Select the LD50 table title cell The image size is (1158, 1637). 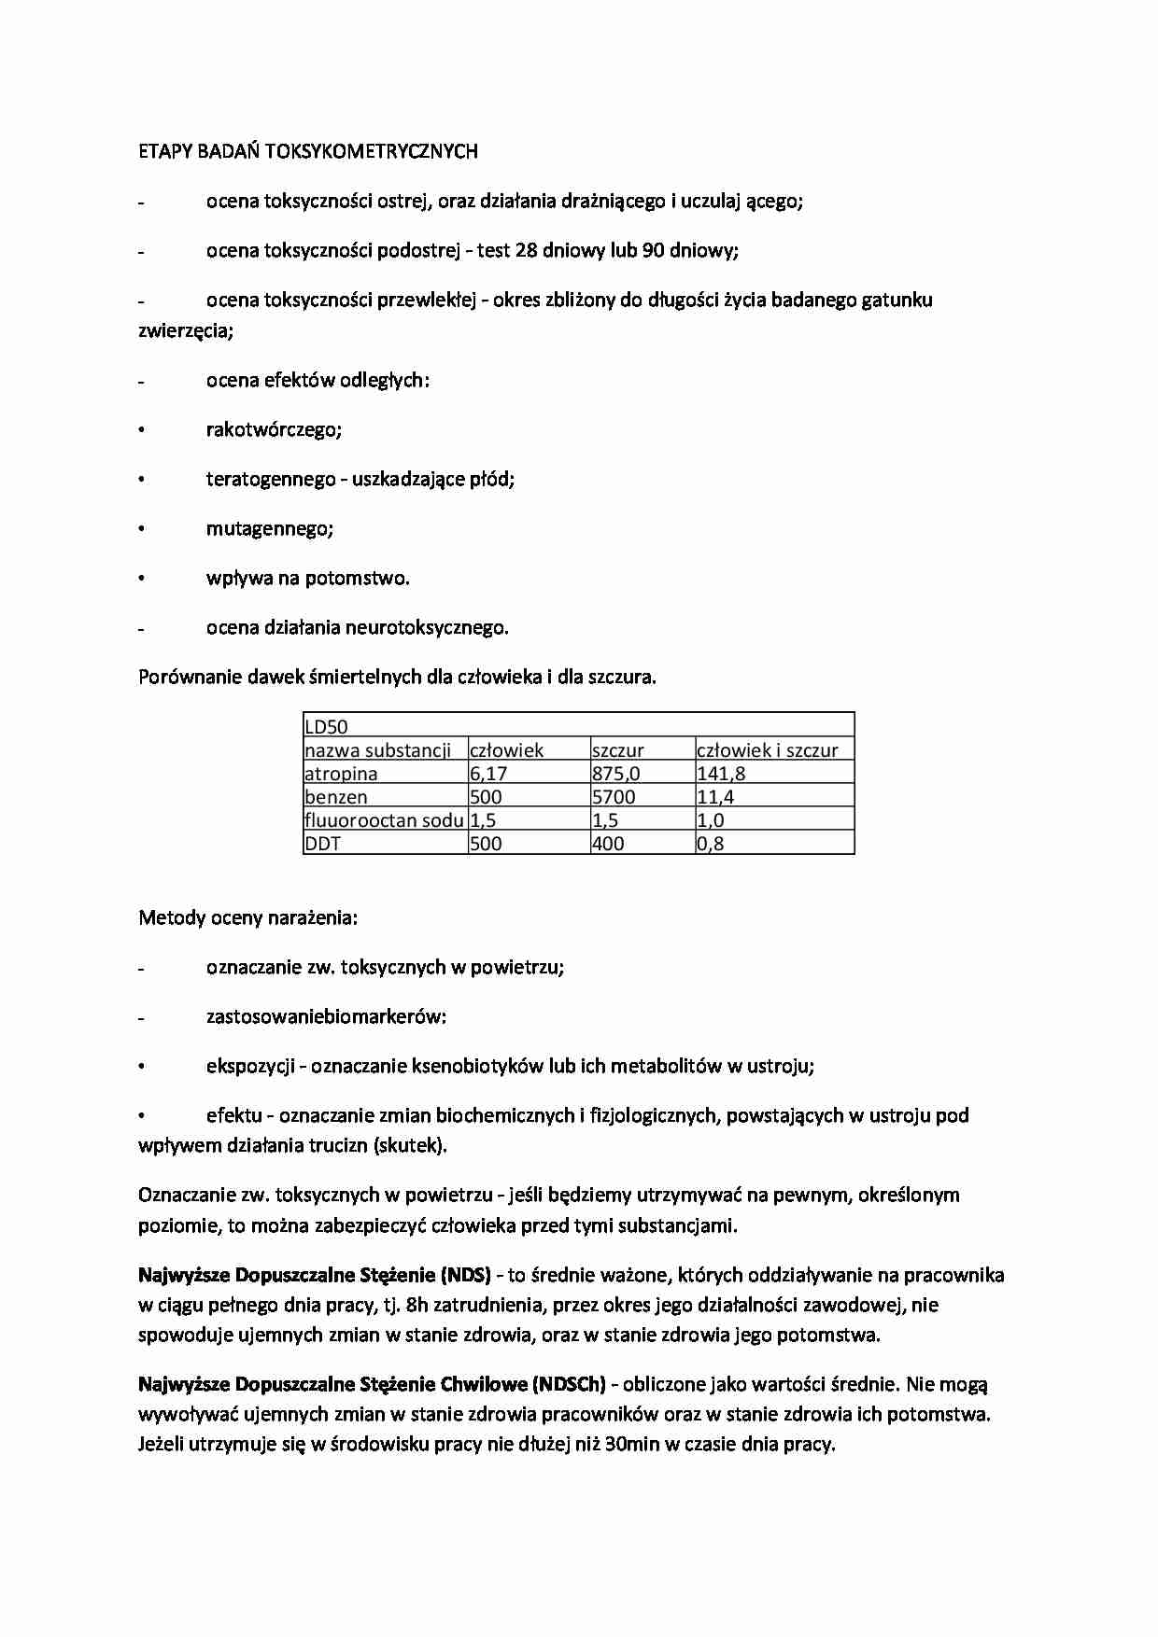(x=327, y=727)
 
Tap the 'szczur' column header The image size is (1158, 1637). (x=618, y=750)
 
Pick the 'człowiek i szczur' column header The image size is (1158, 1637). (x=768, y=750)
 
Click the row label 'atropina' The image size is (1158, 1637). (x=341, y=774)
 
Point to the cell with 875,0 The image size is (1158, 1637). (x=616, y=774)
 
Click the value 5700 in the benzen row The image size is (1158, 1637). (x=614, y=797)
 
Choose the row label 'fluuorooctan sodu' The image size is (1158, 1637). (x=384, y=820)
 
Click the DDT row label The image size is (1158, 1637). (x=323, y=844)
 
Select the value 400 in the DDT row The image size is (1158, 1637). (x=608, y=844)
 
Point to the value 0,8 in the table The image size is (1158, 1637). (x=711, y=844)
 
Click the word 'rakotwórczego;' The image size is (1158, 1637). (x=274, y=430)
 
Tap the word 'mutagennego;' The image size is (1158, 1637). (x=270, y=529)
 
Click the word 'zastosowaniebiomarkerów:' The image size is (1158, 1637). (x=326, y=1017)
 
